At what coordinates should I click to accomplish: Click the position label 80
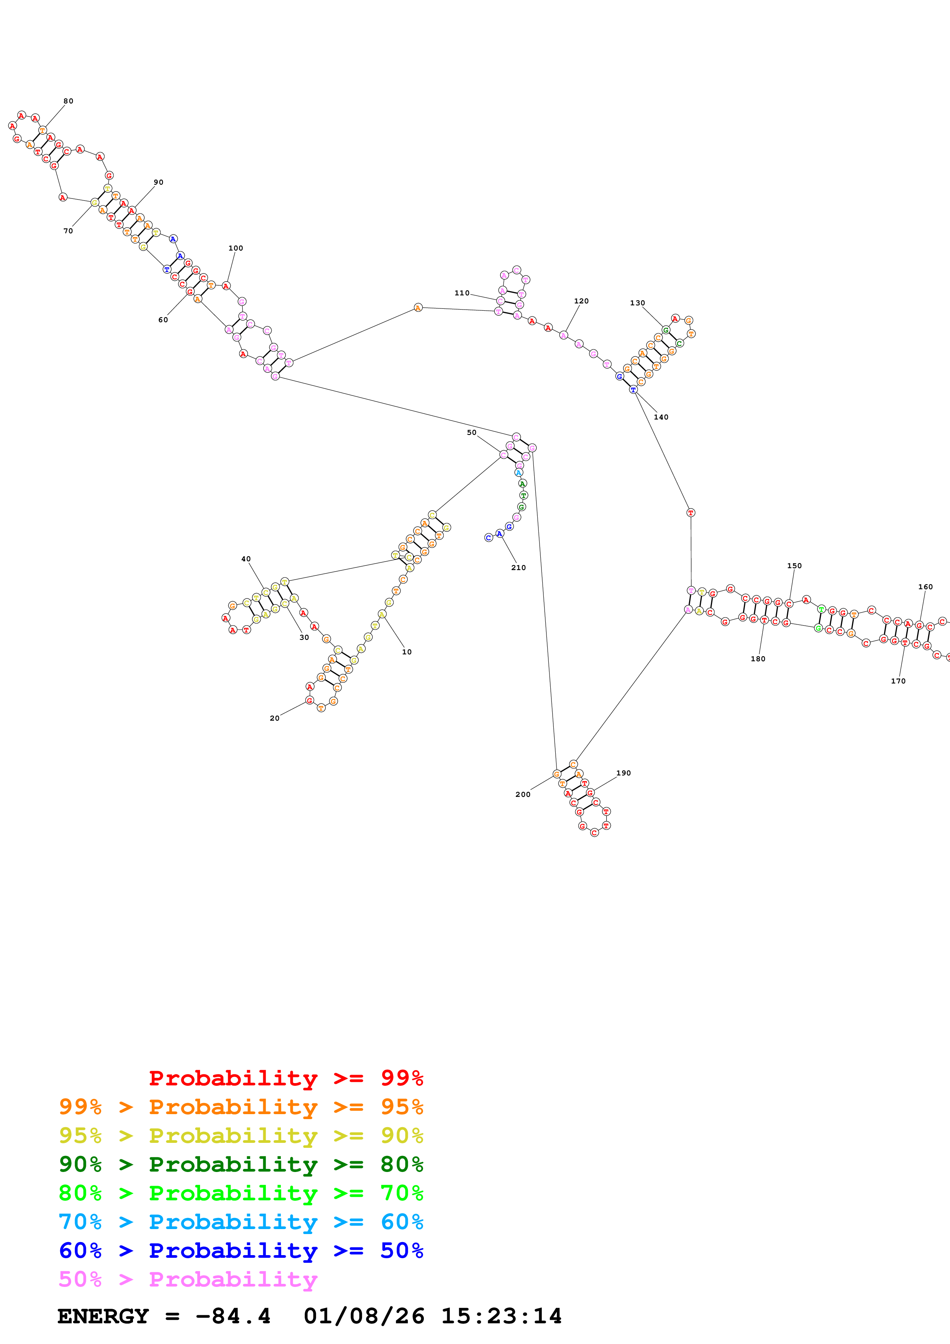pyautogui.click(x=69, y=101)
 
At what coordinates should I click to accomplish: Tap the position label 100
pyautogui.click(x=235, y=247)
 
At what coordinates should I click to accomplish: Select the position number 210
pyautogui.click(x=518, y=567)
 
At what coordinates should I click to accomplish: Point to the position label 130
pyautogui.click(x=637, y=303)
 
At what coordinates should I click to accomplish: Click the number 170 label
pyautogui.click(x=898, y=681)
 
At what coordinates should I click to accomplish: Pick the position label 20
pyautogui.click(x=274, y=718)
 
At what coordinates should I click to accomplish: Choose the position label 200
pyautogui.click(x=523, y=794)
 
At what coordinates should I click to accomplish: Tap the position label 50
pyautogui.click(x=471, y=433)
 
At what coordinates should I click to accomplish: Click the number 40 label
pyautogui.click(x=246, y=559)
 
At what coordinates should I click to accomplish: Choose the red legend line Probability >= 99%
pyautogui.click(x=285, y=1078)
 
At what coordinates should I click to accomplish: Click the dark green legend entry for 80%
pyautogui.click(x=241, y=1164)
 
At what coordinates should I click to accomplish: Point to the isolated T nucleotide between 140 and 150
pyautogui.click(x=691, y=513)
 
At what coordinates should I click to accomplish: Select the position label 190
pyautogui.click(x=623, y=773)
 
